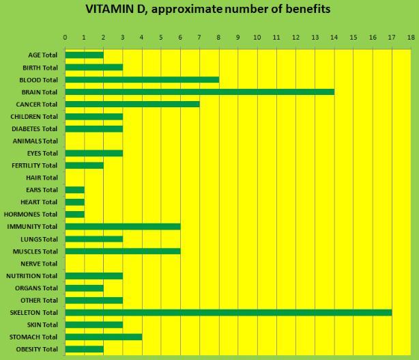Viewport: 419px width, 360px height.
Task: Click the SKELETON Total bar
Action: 228,312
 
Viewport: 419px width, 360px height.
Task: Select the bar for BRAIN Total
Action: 199,92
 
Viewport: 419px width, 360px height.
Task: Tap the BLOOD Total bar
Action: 142,79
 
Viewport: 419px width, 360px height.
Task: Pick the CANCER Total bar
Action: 132,104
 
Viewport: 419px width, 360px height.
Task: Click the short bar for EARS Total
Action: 74,190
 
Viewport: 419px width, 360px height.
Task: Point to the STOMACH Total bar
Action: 103,337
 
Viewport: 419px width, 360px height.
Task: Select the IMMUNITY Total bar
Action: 122,227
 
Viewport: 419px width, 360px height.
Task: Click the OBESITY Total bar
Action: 84,349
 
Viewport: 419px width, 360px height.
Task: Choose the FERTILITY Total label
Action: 35,165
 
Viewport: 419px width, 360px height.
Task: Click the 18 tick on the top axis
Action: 411,37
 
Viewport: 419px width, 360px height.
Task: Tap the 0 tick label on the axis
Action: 65,37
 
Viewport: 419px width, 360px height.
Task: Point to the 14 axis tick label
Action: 334,37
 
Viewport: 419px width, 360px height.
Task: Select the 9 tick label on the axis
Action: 237,37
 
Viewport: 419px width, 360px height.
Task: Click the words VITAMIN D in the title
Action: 115,10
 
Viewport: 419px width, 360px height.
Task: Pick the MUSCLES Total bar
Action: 122,251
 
